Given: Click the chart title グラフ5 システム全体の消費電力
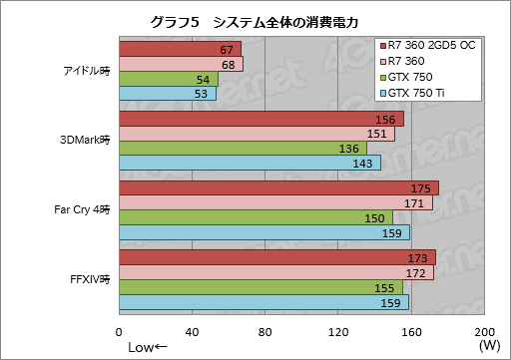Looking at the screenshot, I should coord(255,21).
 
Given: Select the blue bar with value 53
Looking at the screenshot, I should coord(167,94).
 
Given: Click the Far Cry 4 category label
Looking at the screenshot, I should coord(82,210).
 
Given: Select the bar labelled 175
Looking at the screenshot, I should coord(278,188).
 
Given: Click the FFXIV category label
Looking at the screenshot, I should coord(92,280).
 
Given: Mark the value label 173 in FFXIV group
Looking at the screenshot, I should coord(422,258).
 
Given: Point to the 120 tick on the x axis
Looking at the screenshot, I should coord(338,332).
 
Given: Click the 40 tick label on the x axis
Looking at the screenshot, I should coord(193,332).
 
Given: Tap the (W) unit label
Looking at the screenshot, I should coord(489,346).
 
